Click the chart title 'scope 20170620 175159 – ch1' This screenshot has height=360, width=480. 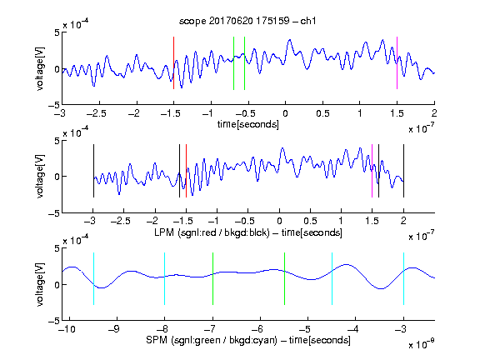click(x=247, y=21)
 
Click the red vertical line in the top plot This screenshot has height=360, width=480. click(x=173, y=63)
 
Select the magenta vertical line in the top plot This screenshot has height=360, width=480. click(x=397, y=63)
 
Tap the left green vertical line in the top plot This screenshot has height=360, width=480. click(x=233, y=63)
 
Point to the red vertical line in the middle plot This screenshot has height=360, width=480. click(x=186, y=171)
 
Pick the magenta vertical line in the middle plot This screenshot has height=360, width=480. click(x=372, y=171)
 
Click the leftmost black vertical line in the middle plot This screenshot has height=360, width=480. click(x=93, y=171)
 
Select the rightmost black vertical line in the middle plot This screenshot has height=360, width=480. click(x=403, y=171)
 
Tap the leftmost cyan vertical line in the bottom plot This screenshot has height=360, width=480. click(x=93, y=278)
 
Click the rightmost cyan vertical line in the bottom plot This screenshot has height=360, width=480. click(x=403, y=278)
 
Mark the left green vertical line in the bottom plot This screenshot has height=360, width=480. click(x=212, y=278)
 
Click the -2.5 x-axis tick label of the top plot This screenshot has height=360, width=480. click(x=97, y=114)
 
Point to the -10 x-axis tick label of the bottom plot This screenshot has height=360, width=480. click(x=68, y=329)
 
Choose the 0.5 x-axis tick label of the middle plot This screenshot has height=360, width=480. click(x=310, y=221)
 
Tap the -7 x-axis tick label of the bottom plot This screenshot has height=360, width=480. click(x=210, y=329)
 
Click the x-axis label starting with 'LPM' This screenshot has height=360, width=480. click(x=248, y=232)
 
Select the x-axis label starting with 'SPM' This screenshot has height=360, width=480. click(x=248, y=340)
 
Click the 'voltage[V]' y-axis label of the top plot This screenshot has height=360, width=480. click(x=40, y=68)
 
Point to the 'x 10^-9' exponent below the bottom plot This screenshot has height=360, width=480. click(x=422, y=344)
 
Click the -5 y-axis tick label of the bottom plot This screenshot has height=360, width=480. click(x=54, y=321)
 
